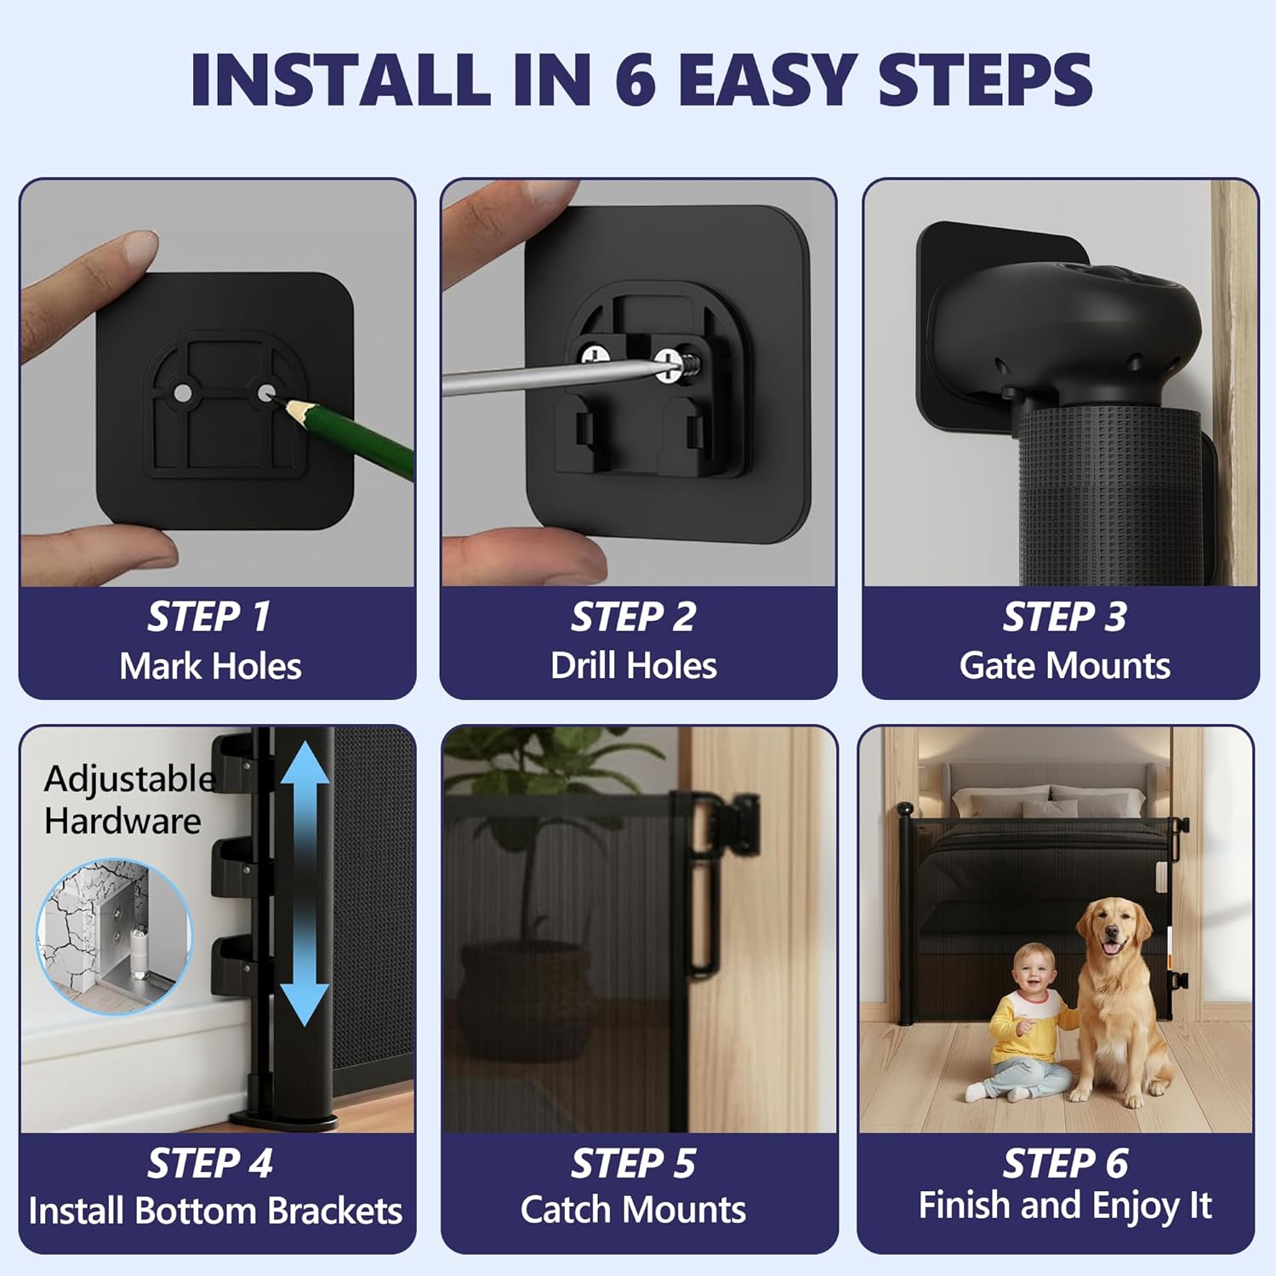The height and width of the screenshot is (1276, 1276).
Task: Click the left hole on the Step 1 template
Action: coord(183,392)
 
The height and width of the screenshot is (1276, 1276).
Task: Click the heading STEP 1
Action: coord(209,617)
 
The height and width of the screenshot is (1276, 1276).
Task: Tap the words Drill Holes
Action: coord(634,665)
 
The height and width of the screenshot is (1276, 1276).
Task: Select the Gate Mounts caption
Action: coord(1064,665)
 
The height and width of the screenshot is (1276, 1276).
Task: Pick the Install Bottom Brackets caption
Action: coord(215,1210)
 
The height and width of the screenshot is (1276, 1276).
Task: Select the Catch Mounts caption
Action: coord(634,1210)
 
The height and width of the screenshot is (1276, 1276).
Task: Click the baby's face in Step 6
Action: coord(1034,971)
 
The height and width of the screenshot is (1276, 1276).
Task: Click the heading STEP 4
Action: coord(209,1163)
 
